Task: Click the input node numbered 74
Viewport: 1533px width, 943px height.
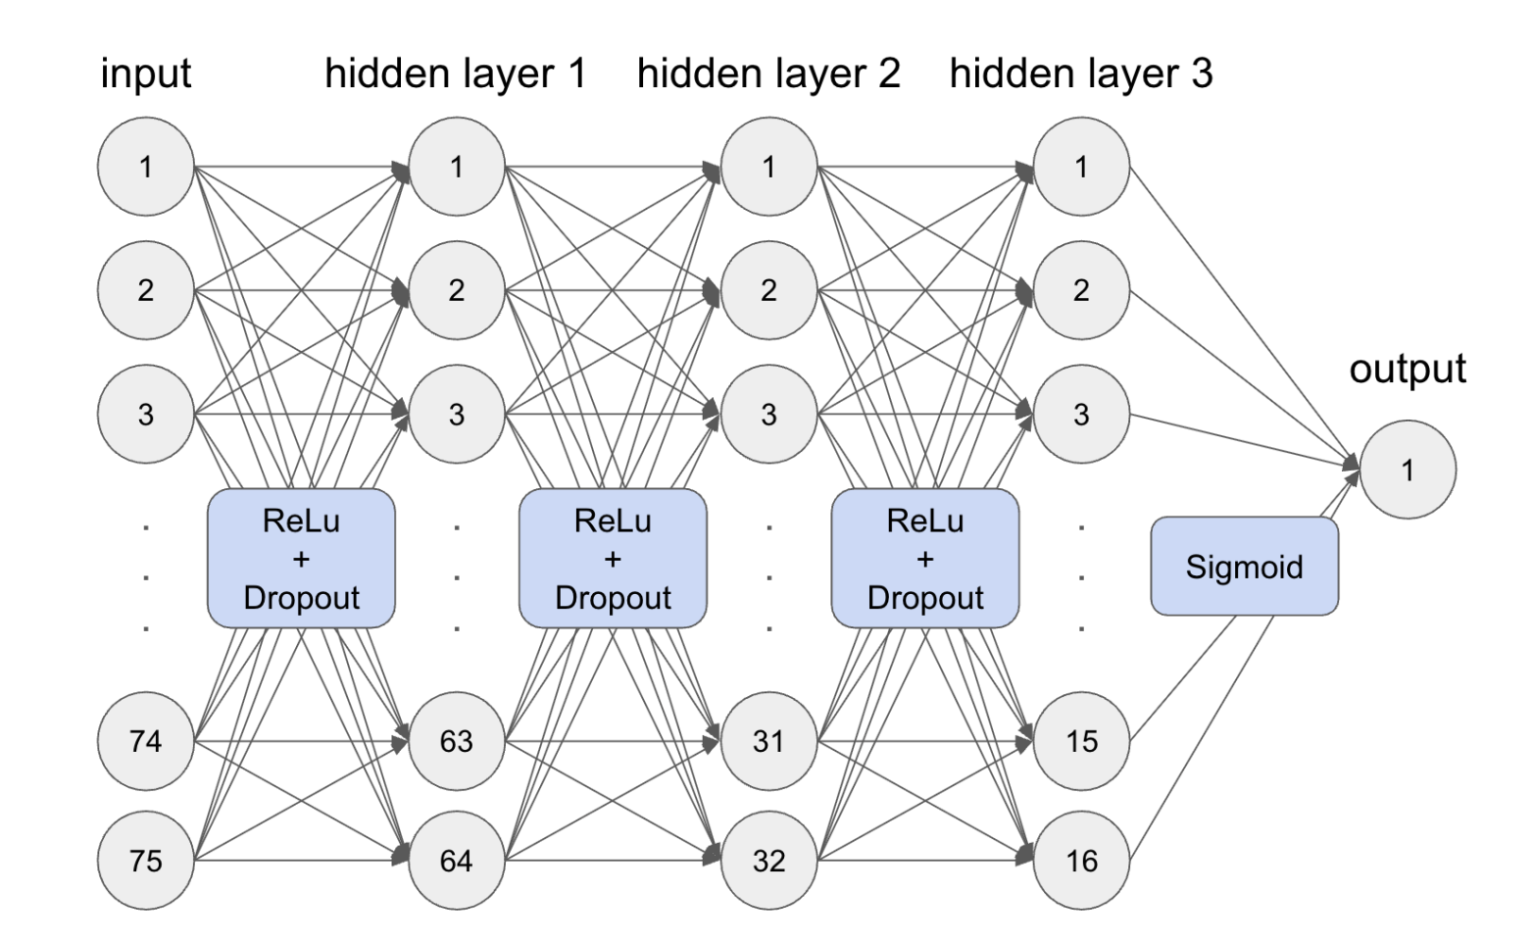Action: (145, 741)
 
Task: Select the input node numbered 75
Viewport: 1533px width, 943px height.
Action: (145, 861)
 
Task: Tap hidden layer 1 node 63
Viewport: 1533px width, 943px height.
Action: (457, 741)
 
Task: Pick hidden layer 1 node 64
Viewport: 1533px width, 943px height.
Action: (457, 861)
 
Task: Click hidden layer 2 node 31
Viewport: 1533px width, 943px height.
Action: (768, 741)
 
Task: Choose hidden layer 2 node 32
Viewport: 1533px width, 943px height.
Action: (768, 861)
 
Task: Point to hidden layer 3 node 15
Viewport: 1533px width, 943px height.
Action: (1081, 741)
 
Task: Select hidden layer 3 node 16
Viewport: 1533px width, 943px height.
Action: (1081, 861)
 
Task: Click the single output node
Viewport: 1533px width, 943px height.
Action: (1408, 470)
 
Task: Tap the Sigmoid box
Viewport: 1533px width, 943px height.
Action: (1244, 567)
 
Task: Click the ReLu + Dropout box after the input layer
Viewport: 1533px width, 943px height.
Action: (301, 559)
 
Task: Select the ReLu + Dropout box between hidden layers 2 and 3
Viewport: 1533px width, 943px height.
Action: (925, 559)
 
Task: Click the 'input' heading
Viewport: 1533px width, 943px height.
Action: (145, 74)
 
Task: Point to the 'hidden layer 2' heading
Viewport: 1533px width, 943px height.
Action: (768, 74)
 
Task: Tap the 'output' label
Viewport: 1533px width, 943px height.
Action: (1408, 370)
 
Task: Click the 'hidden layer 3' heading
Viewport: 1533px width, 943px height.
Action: (1081, 74)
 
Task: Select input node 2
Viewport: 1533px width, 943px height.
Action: (145, 290)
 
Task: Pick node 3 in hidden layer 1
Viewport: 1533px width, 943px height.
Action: (457, 414)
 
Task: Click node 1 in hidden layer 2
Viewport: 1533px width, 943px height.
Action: (768, 167)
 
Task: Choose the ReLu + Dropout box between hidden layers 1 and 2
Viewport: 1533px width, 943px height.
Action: (613, 559)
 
